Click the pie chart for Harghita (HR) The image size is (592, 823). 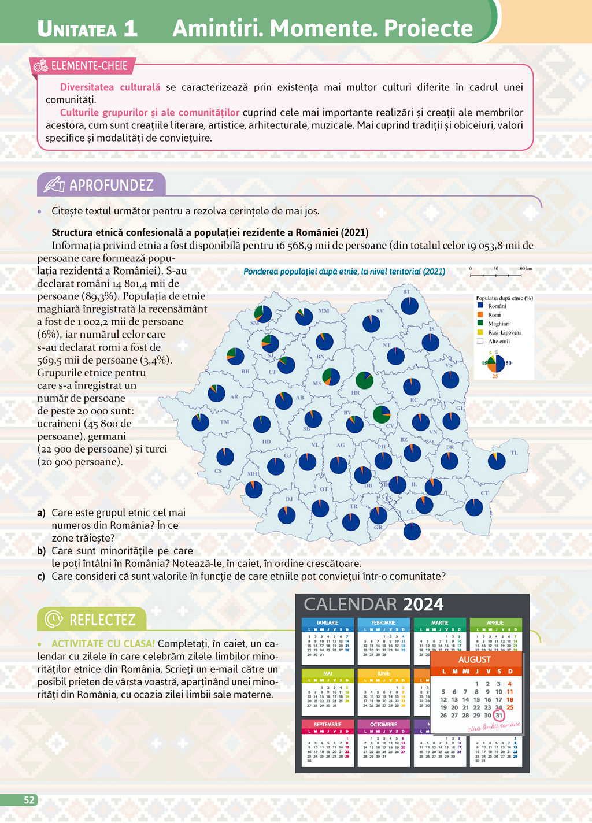[x=364, y=380]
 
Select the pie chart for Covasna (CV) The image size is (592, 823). [x=382, y=414]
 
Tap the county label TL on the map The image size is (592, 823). [x=514, y=453]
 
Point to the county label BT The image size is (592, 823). [x=407, y=292]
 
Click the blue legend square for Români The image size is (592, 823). [x=480, y=306]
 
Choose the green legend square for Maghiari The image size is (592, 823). [x=480, y=324]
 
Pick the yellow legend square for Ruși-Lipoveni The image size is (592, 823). [x=480, y=332]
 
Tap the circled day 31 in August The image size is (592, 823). [x=499, y=715]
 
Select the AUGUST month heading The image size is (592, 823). [x=475, y=659]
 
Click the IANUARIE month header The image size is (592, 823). [x=327, y=623]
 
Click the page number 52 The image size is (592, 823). [x=29, y=800]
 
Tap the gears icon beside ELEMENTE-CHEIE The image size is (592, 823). [x=40, y=66]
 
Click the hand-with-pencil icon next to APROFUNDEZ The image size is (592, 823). [x=54, y=184]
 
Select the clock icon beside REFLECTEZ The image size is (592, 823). [x=54, y=619]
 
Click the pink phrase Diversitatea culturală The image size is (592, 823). [x=110, y=87]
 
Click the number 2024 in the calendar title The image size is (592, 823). [x=423, y=605]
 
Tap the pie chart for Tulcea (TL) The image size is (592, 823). [x=497, y=461]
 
